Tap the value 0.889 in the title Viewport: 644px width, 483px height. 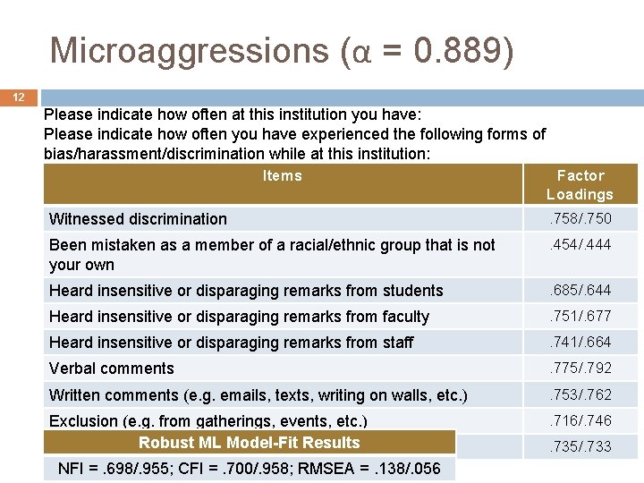pyautogui.click(x=463, y=51)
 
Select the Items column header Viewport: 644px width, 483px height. pyautogui.click(x=283, y=176)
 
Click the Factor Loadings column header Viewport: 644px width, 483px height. pyautogui.click(x=580, y=185)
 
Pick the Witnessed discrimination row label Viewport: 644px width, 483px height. pyautogui.click(x=139, y=219)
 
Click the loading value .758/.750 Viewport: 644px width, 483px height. pyautogui.click(x=580, y=218)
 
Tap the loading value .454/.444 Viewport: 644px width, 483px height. pyautogui.click(x=580, y=245)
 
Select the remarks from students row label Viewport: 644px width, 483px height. pyautogui.click(x=246, y=291)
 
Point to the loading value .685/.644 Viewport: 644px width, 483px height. pyautogui.click(x=580, y=290)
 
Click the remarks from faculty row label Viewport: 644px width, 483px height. pyautogui.click(x=239, y=317)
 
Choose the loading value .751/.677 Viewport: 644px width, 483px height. pyautogui.click(x=580, y=316)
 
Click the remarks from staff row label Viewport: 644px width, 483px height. pyautogui.click(x=231, y=343)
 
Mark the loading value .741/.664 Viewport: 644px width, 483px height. pyautogui.click(x=580, y=342)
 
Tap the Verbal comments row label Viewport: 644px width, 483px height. pyautogui.click(x=112, y=369)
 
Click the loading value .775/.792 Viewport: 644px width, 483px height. pyautogui.click(x=580, y=368)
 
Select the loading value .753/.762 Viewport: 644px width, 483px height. pyautogui.click(x=580, y=394)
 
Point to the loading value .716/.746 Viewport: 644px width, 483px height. pyautogui.click(x=580, y=420)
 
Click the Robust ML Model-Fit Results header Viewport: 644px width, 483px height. pyautogui.click(x=249, y=443)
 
